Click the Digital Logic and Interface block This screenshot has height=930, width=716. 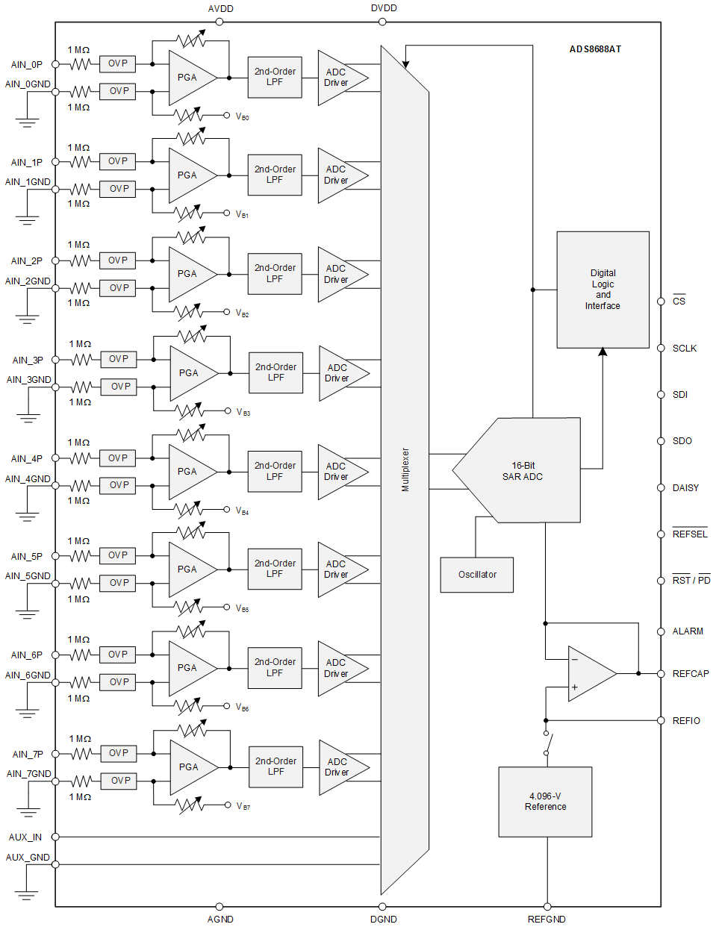pos(603,290)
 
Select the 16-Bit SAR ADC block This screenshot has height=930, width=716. pos(523,471)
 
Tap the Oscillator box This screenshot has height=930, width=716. pos(477,575)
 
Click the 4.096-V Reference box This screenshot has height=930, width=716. pos(545,802)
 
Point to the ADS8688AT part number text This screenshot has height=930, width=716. pos(595,49)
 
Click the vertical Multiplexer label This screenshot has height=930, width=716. pos(405,469)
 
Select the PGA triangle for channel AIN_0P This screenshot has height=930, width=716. pos(189,78)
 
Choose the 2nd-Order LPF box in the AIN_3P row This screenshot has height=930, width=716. pos(275,372)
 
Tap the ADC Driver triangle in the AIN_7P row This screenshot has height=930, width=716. pos(339,767)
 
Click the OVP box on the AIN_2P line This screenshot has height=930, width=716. pos(118,260)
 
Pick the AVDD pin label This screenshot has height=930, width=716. pos(220,9)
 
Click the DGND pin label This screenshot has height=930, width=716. pos(384,920)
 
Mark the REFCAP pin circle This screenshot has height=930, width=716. pos(661,674)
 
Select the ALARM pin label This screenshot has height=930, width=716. pos(688,631)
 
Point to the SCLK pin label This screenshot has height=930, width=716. pos(685,349)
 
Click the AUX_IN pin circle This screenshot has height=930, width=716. pos(55,837)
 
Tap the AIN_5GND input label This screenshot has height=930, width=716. pos(28,576)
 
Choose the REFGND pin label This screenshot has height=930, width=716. pos(547,920)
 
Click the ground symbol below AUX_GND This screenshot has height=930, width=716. pos(26,893)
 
